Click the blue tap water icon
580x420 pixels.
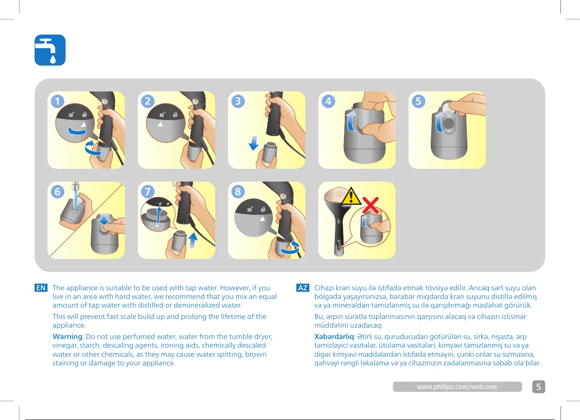tap(50, 50)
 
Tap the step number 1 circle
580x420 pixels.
tap(57, 101)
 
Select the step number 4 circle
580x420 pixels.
tap(328, 101)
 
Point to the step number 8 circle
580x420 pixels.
tap(238, 192)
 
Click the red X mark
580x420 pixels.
tap(371, 205)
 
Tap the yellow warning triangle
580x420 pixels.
tap(351, 196)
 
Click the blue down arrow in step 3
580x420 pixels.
tap(254, 143)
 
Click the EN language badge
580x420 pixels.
tap(41, 288)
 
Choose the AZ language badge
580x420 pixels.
tap(303, 288)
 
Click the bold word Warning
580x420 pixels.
tap(67, 337)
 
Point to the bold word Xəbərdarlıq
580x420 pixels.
tap(334, 337)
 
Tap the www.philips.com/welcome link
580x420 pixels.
tap(457, 387)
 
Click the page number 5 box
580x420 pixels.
tap(539, 387)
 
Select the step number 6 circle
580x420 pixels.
tap(57, 192)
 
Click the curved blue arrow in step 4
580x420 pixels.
tap(350, 121)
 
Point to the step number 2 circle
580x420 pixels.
tap(147, 101)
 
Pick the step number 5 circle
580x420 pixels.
tap(419, 101)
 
